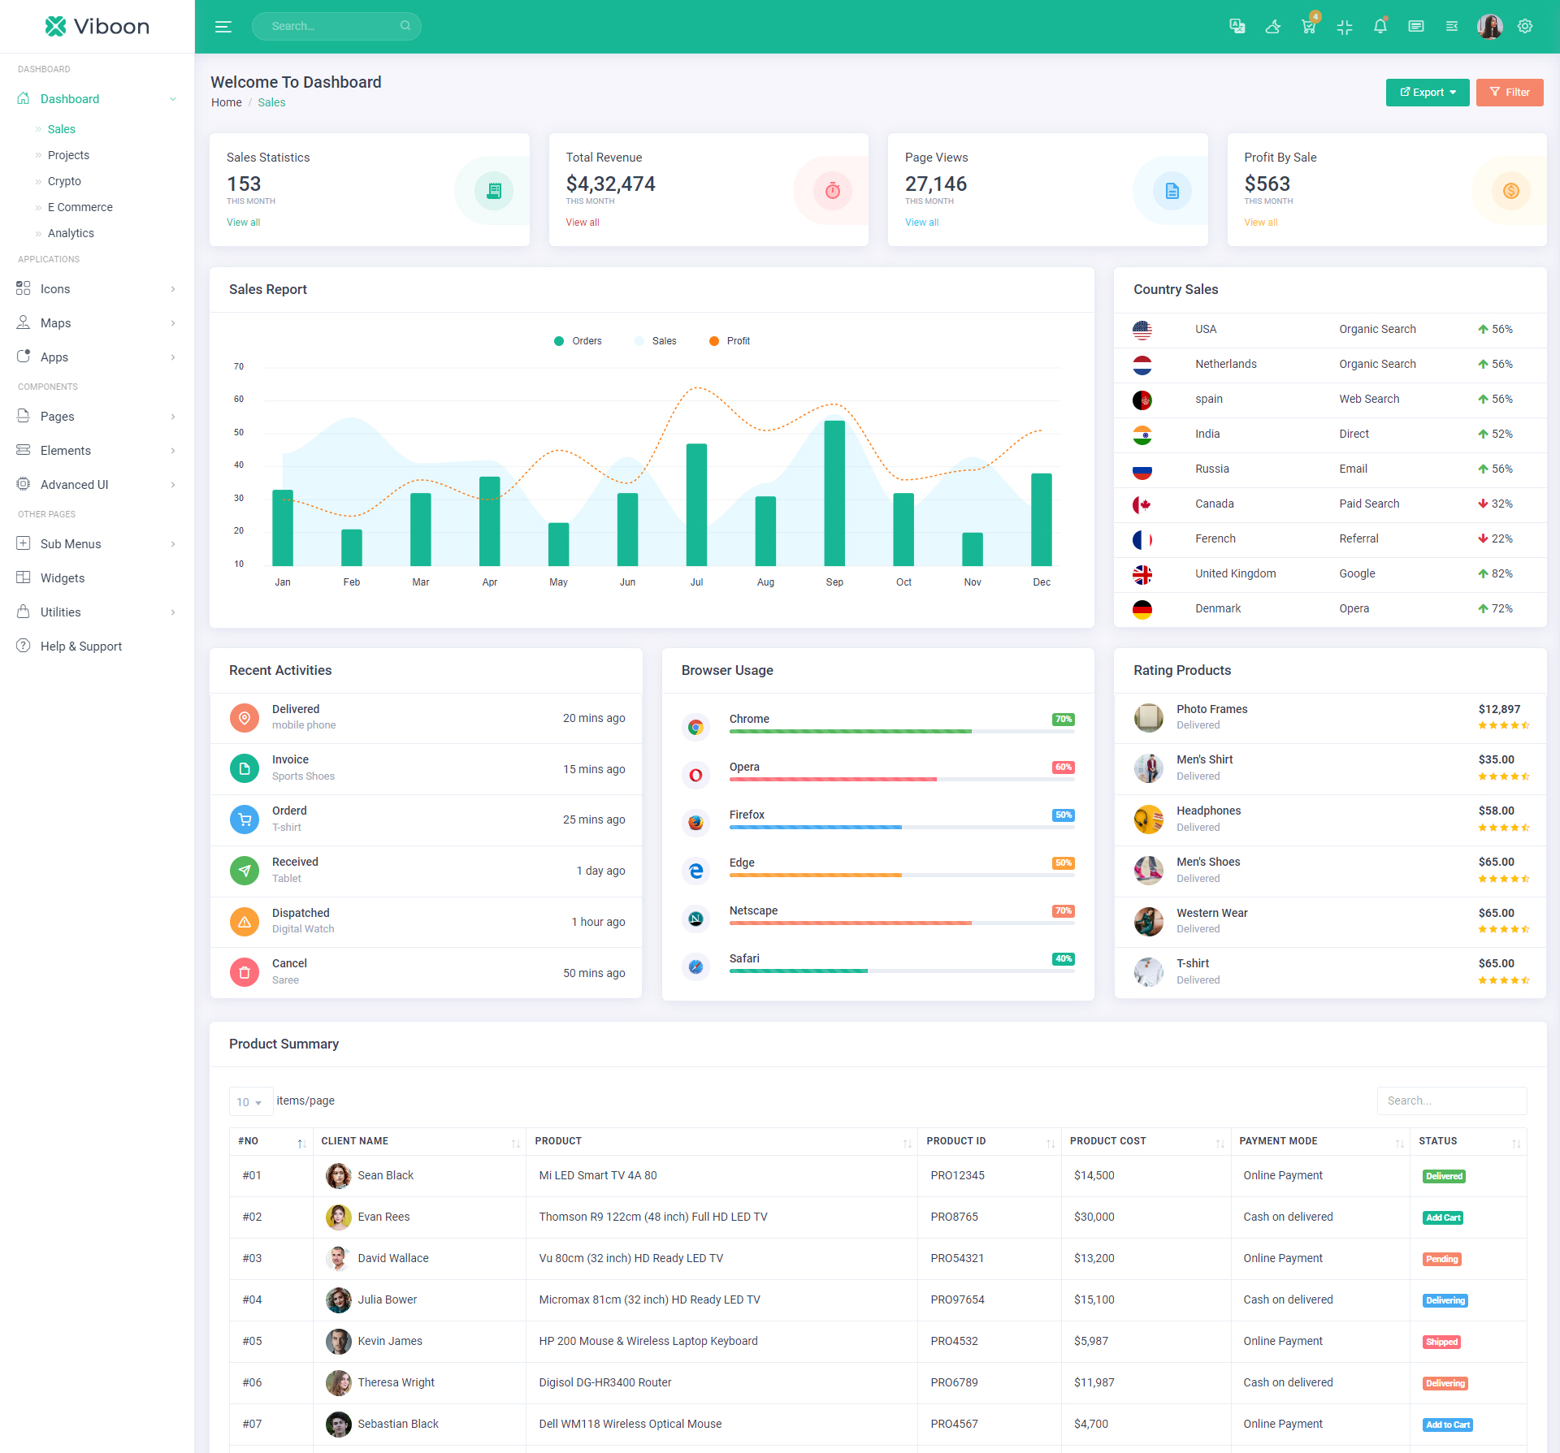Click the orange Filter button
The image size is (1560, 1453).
click(x=1509, y=93)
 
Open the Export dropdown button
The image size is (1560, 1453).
click(x=1427, y=93)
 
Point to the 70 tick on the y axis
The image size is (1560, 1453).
click(x=239, y=367)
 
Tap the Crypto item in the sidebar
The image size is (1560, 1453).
click(x=64, y=181)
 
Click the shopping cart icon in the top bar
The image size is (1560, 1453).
click(x=1308, y=27)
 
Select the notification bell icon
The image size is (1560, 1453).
click(x=1380, y=27)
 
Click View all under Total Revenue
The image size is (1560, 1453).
click(x=583, y=223)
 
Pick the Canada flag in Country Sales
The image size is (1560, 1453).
click(x=1142, y=504)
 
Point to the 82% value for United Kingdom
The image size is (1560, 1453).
click(x=1501, y=573)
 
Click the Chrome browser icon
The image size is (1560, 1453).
click(x=695, y=727)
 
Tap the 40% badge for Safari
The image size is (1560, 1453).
click(x=1063, y=959)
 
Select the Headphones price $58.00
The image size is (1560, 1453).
click(x=1496, y=811)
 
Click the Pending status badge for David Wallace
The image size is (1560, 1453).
click(x=1441, y=1259)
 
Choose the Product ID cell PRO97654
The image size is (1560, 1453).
click(x=957, y=1299)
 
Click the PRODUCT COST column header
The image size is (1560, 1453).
click(x=1107, y=1141)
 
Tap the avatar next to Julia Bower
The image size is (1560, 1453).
click(x=338, y=1299)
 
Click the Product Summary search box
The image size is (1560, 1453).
click(x=1451, y=1101)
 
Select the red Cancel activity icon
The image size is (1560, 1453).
click(x=244, y=972)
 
